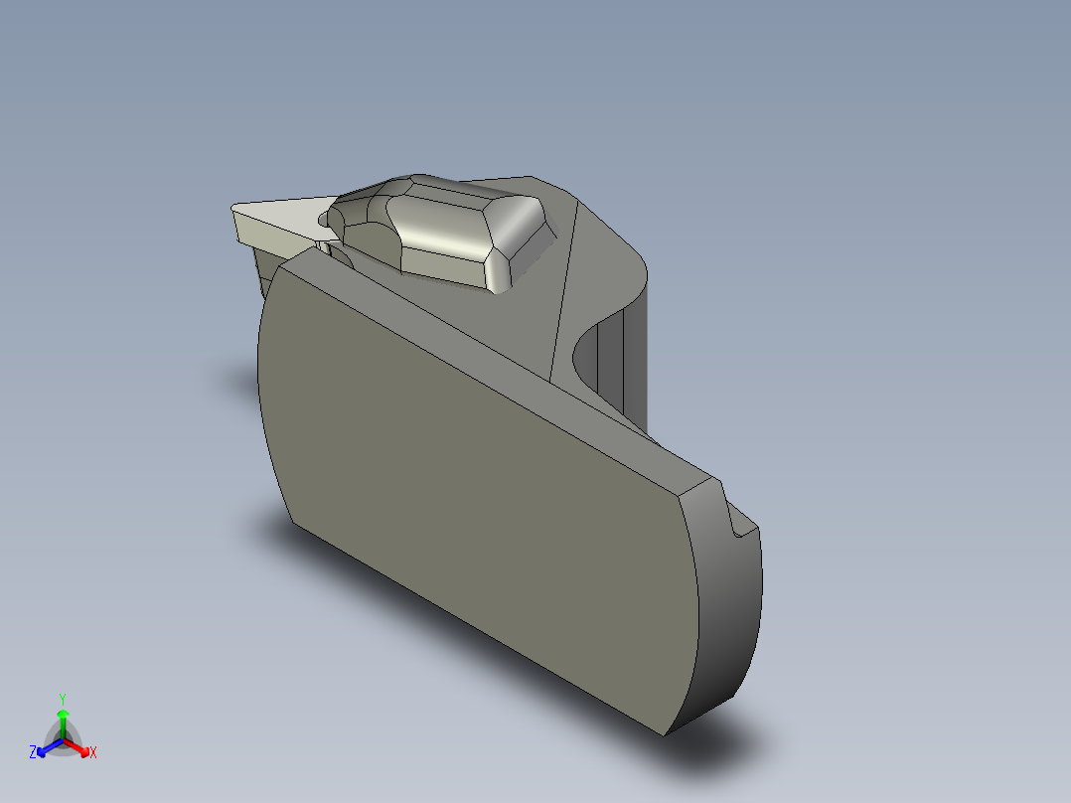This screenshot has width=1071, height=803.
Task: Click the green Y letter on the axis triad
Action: coord(63,698)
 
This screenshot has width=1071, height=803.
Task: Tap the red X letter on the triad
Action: coord(92,753)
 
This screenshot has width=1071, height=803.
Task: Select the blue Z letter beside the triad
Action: coord(33,753)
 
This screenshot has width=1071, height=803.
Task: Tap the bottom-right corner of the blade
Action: coord(665,734)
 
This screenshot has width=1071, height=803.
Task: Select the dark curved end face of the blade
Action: coord(730,616)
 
